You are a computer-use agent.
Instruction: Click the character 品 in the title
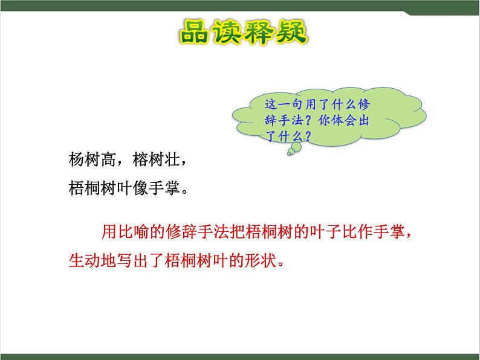pos(196,34)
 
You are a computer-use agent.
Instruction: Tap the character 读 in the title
pos(229,34)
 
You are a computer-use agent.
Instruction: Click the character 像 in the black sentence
pos(149,188)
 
